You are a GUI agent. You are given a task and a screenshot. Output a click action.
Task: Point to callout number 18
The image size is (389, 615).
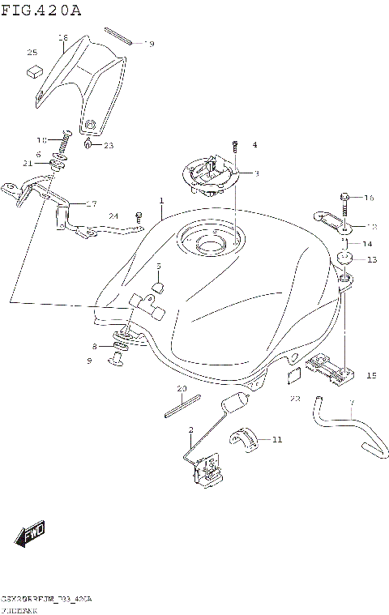click(x=62, y=37)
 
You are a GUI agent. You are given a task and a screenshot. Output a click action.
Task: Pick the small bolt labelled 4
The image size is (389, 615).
click(x=234, y=147)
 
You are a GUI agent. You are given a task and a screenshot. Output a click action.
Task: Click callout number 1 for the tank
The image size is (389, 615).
click(x=161, y=200)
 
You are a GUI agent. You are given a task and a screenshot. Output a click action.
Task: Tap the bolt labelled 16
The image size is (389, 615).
click(x=345, y=197)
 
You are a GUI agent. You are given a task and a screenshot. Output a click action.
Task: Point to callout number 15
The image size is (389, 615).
click(x=371, y=374)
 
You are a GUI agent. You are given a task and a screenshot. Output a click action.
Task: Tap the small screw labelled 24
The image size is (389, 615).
click(x=139, y=217)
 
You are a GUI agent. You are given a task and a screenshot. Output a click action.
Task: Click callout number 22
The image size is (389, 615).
click(x=295, y=398)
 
